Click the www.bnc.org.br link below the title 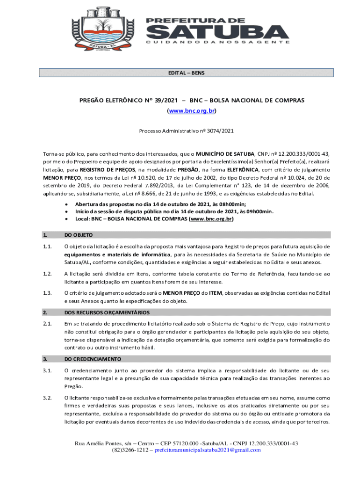click(x=192, y=111)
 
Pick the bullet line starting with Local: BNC click(x=154, y=218)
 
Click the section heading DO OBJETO click(x=79, y=235)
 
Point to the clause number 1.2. click(x=46, y=274)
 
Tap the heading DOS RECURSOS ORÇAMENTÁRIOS click(x=107, y=312)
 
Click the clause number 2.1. click(x=46, y=324)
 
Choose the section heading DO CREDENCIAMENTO click(x=93, y=359)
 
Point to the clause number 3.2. click(x=46, y=398)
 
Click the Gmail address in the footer click(x=208, y=450)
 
